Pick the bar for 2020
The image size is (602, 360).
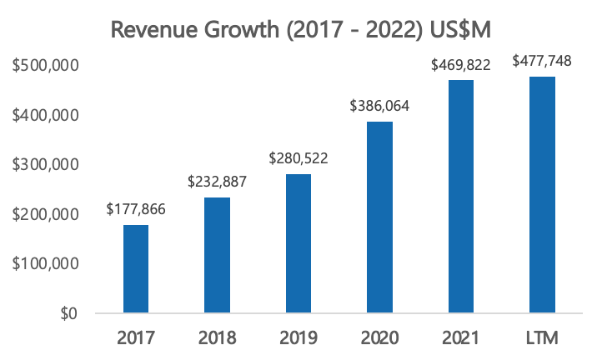379,217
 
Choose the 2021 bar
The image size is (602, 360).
459,197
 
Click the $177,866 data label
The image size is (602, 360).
136,208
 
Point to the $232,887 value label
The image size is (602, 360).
217,181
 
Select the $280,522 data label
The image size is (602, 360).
298,157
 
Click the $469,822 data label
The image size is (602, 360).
459,64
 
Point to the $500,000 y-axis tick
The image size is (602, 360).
47,65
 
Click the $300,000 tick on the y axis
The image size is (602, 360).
47,164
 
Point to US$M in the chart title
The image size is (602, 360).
459,30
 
